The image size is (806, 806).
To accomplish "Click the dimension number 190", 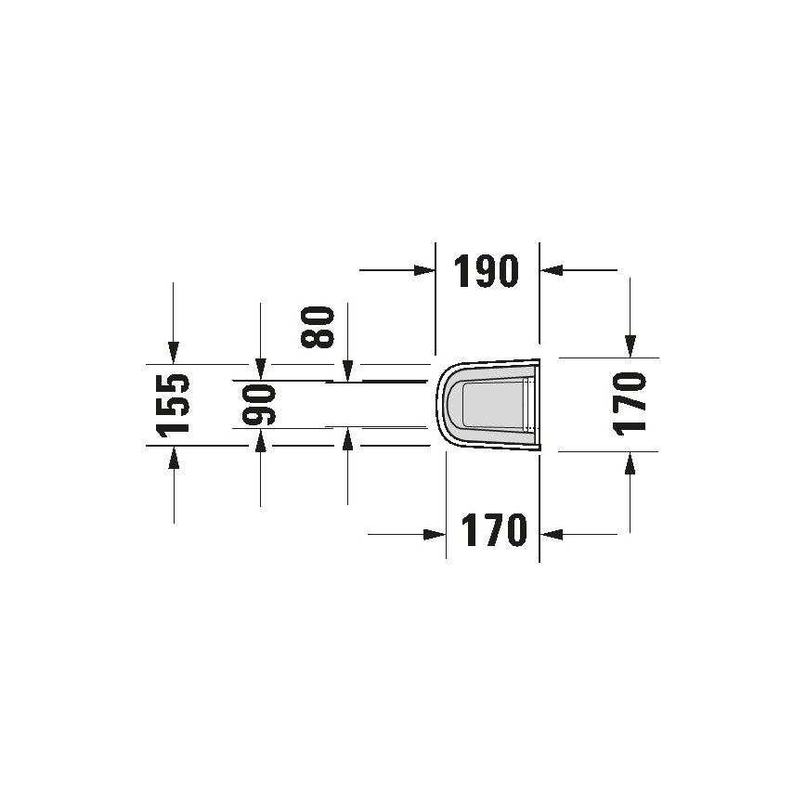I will pyautogui.click(x=487, y=270).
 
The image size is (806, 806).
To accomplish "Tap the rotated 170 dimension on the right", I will pyautogui.click(x=630, y=404).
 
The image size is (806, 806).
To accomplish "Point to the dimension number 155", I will pyautogui.click(x=172, y=404).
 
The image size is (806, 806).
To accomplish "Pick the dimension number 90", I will pyautogui.click(x=259, y=405).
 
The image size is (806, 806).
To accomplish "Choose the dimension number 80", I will pyautogui.click(x=319, y=327).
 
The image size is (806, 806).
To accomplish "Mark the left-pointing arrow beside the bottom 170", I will pyautogui.click(x=552, y=534).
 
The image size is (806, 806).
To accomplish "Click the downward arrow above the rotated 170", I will pyautogui.click(x=630, y=346).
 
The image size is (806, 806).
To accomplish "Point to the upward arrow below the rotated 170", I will pyautogui.click(x=630, y=461).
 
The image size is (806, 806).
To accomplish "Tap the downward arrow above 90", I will pyautogui.click(x=260, y=370).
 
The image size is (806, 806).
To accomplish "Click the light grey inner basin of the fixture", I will pyautogui.click(x=492, y=404).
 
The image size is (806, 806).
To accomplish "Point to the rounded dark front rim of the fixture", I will pyautogui.click(x=445, y=404).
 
